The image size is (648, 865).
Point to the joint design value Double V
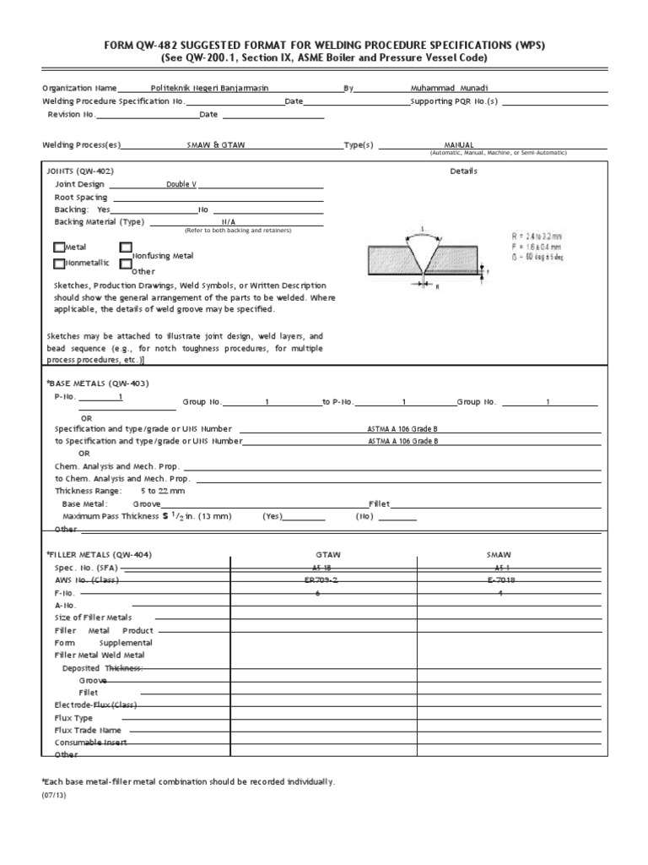click(x=181, y=185)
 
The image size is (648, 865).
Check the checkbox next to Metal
click(x=58, y=248)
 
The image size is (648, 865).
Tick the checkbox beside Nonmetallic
click(x=58, y=263)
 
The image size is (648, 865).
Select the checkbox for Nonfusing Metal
click(x=126, y=248)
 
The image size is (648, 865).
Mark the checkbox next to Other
click(x=126, y=264)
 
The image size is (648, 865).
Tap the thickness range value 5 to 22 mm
click(x=162, y=490)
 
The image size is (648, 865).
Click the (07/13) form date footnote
click(x=52, y=794)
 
